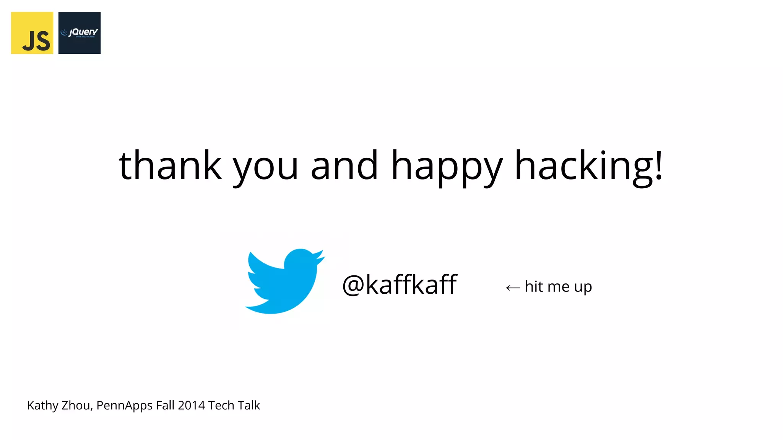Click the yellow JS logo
pos(32,33)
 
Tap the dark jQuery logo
pos(80,33)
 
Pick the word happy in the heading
pos(447,168)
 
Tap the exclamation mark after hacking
pos(659,165)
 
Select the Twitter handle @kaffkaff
pos(400,285)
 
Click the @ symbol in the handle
pos(353,285)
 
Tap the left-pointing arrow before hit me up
pos(513,288)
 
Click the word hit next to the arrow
pos(534,286)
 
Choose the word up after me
pos(583,287)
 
